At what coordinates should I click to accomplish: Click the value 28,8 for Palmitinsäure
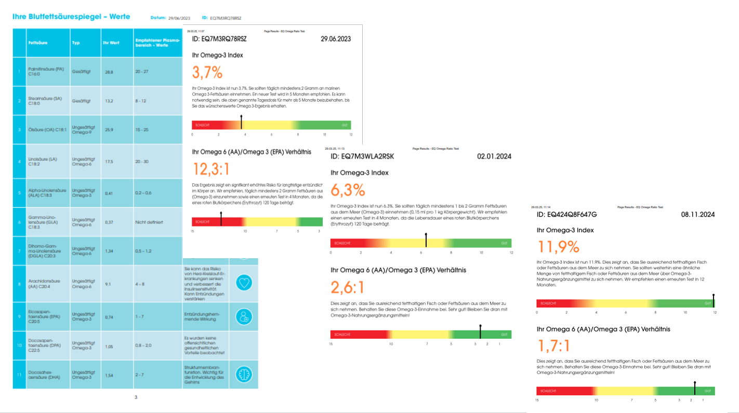(x=109, y=72)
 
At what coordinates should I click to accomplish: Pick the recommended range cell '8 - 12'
(x=140, y=101)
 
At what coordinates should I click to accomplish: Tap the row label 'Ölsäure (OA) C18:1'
(x=47, y=129)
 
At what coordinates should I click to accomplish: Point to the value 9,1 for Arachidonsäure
(x=108, y=284)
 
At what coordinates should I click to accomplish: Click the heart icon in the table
(x=243, y=283)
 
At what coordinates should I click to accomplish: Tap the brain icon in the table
(x=243, y=374)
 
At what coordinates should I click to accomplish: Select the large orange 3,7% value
(x=207, y=72)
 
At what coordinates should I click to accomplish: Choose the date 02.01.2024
(x=494, y=156)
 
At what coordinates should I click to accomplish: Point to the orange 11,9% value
(x=558, y=246)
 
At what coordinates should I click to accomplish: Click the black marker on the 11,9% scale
(x=714, y=301)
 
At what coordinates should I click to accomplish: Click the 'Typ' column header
(x=76, y=43)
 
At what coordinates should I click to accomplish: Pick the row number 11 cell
(x=20, y=374)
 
